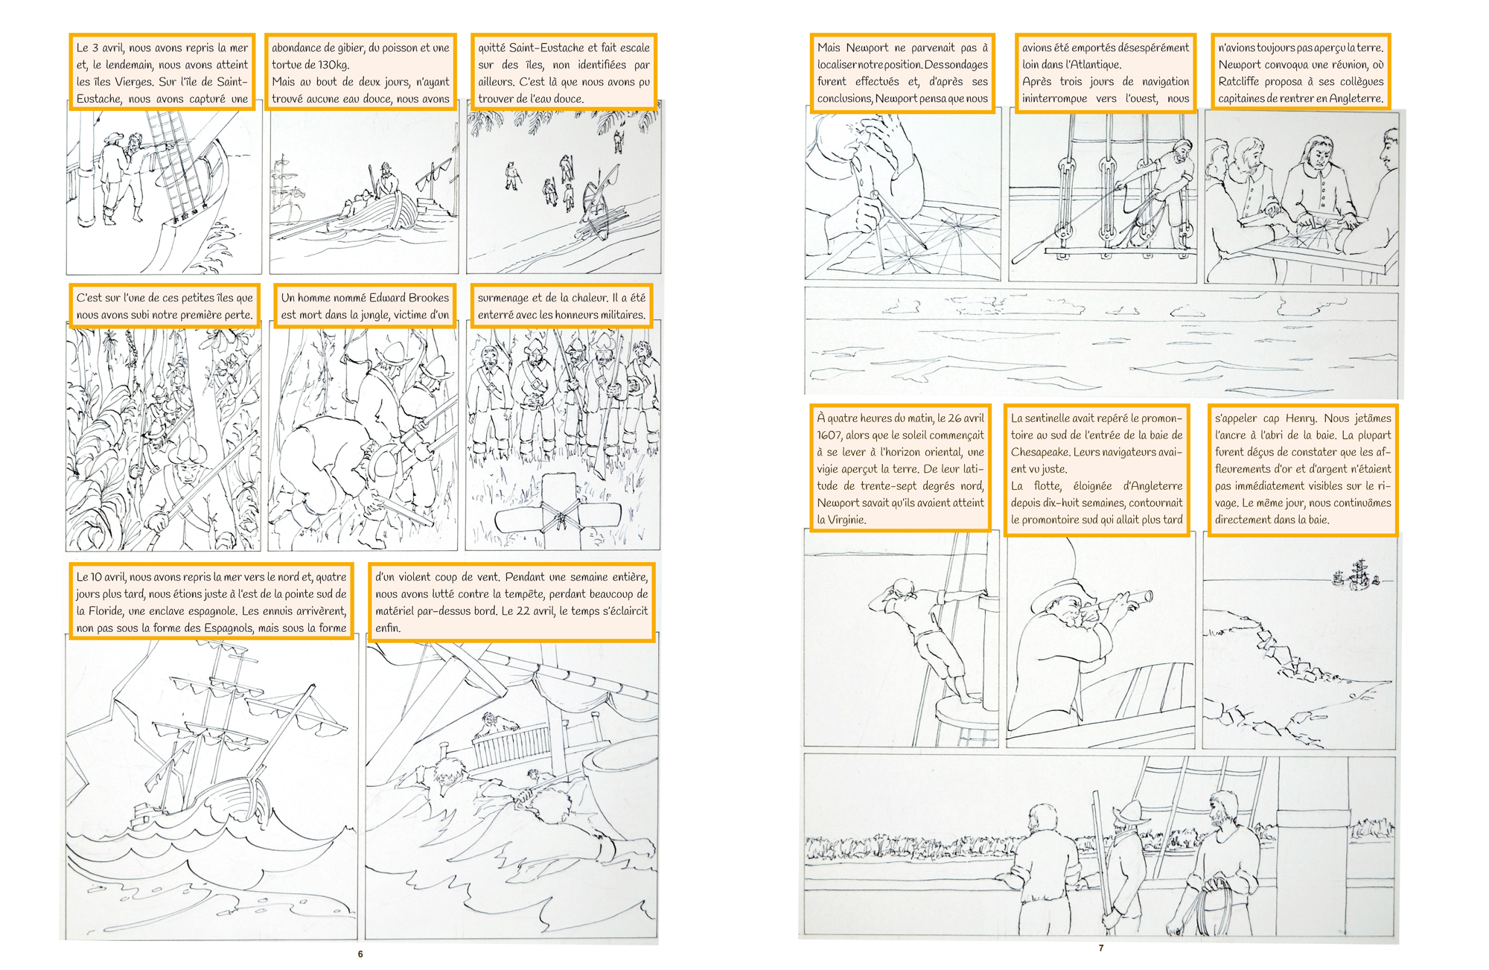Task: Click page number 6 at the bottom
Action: pos(360,954)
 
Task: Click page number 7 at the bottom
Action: pos(1101,948)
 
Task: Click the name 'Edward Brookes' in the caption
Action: pos(409,297)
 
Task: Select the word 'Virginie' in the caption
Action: pos(846,520)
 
